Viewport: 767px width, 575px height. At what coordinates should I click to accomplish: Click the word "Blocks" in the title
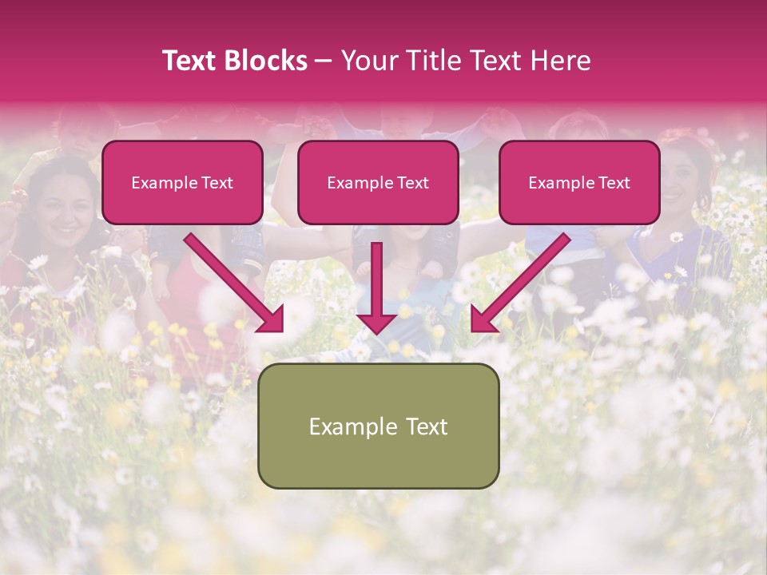268,61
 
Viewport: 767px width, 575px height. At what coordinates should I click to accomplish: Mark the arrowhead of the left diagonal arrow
272,319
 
